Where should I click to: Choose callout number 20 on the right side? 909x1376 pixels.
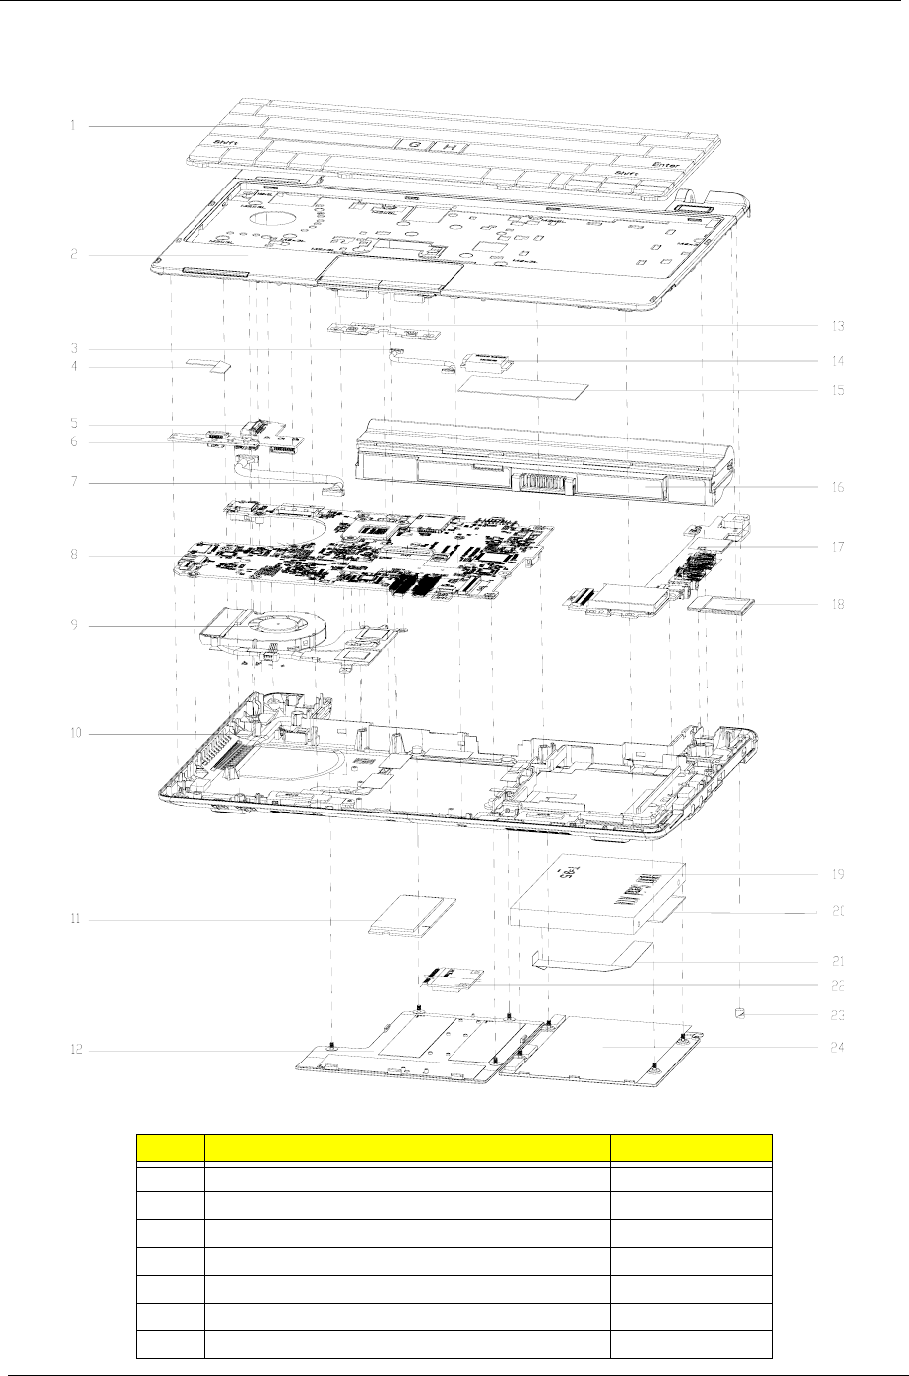[837, 910]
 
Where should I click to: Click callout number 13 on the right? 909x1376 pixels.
[838, 325]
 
